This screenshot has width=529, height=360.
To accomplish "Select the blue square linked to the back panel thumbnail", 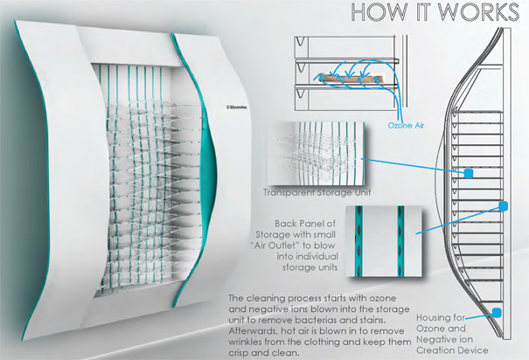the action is [503, 206].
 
